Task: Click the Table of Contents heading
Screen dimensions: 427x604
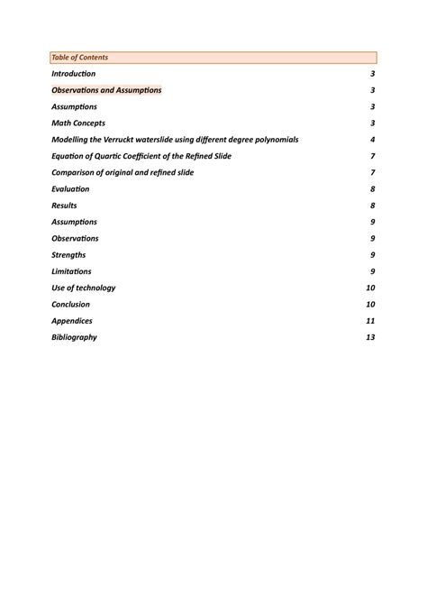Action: pos(80,57)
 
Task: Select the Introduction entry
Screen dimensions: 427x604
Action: pos(74,74)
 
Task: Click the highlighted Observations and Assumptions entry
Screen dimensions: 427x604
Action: pos(106,90)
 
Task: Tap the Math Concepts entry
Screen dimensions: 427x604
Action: pos(78,124)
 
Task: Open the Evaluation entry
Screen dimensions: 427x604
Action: pos(70,189)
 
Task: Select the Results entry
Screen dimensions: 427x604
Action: pos(64,206)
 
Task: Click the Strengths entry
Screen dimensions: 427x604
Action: pos(69,255)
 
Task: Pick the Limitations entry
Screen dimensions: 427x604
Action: pos(71,271)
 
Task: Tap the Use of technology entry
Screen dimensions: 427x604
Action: pos(84,288)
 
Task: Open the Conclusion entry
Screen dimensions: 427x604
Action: pos(71,305)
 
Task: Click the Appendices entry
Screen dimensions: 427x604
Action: pos(72,321)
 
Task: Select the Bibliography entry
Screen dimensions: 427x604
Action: pos(74,337)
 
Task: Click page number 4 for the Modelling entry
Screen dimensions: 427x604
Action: pos(372,140)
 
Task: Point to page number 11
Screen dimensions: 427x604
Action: pos(370,321)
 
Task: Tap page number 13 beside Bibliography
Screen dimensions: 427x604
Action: pos(370,337)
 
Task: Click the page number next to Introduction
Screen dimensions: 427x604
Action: pos(372,74)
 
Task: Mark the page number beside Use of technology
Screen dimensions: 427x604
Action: pos(370,288)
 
